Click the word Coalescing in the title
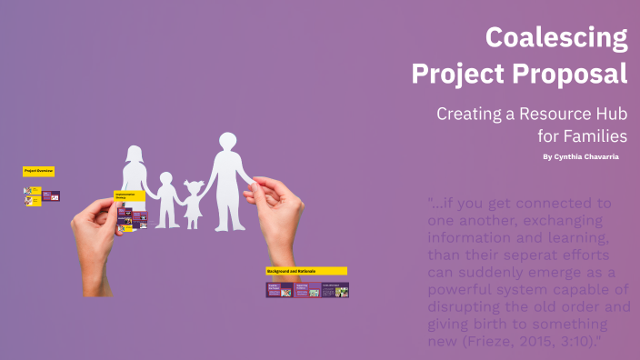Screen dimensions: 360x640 (555, 38)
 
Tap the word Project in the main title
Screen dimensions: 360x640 (457, 74)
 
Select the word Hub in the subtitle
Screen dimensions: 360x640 (606, 115)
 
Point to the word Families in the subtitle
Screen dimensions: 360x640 (595, 136)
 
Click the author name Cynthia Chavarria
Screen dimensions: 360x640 (587, 157)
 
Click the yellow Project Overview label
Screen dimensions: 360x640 (38, 171)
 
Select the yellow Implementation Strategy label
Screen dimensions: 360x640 (129, 196)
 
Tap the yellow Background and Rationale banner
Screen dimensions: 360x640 (305, 271)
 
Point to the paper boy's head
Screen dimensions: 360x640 (166, 179)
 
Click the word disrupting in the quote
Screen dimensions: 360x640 (471, 307)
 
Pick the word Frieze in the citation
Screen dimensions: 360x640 (484, 342)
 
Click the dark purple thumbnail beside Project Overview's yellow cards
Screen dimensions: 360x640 (51, 195)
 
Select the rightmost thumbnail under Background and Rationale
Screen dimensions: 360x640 (335, 290)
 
